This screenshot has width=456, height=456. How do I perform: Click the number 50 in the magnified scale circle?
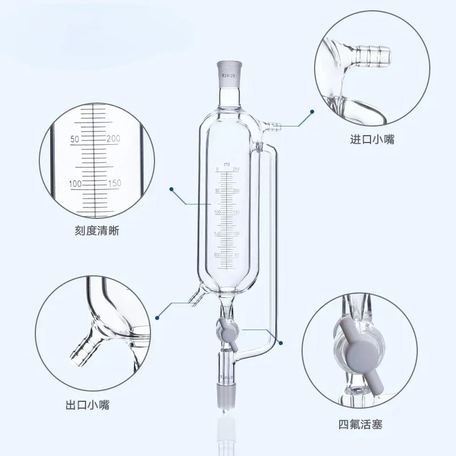(75, 139)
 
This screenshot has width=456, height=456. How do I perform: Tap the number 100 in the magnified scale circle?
(75, 184)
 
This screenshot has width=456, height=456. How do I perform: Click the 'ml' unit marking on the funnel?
(226, 164)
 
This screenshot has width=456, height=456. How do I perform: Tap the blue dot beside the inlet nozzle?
(312, 112)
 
